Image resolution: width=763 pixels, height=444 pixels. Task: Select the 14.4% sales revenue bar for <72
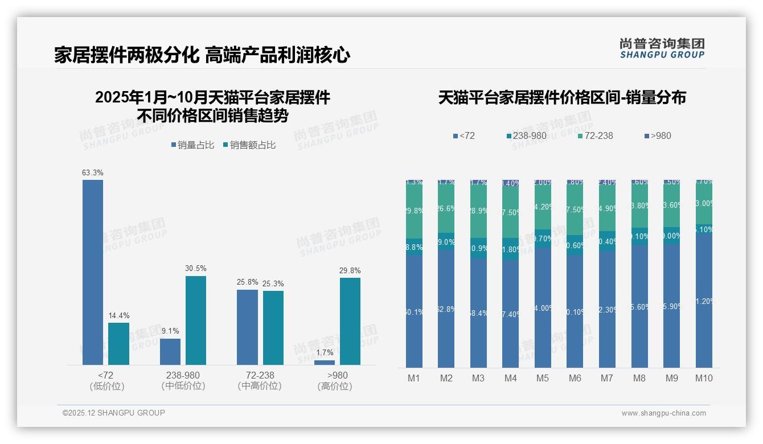coord(118,344)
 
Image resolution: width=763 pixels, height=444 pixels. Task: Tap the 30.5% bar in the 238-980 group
coord(196,320)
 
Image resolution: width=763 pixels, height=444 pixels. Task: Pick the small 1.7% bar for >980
coord(325,363)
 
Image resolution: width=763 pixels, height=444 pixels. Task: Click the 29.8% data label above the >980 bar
coord(350,270)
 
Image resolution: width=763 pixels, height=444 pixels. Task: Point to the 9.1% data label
coord(170,331)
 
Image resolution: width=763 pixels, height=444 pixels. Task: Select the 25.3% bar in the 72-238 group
coord(273,328)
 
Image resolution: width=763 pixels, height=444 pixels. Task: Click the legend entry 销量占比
coord(192,145)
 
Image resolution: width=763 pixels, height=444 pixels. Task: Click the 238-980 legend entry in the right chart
coord(527,135)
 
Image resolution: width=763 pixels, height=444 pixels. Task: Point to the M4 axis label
coord(510,379)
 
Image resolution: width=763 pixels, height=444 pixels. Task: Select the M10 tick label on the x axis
coord(704,379)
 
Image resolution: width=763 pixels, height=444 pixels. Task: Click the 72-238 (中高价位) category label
coord(260,380)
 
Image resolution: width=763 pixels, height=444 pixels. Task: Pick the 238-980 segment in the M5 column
coord(543,239)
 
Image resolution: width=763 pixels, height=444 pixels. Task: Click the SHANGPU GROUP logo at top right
coord(662,48)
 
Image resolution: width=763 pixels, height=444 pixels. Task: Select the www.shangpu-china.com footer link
coord(663,413)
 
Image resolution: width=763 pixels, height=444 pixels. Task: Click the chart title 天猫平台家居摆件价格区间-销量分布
coord(562,97)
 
